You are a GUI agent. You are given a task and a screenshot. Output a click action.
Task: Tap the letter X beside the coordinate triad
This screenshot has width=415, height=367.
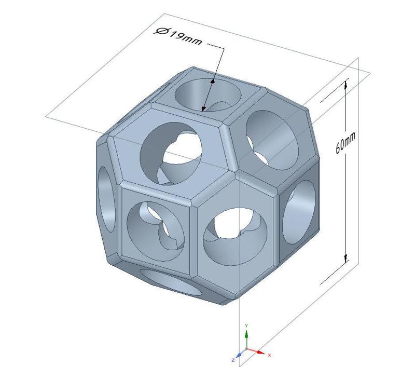click(269, 355)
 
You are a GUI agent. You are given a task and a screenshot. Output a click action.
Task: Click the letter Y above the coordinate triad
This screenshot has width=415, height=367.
click(246, 325)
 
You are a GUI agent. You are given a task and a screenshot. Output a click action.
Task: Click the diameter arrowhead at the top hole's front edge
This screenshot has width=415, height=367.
click(204, 108)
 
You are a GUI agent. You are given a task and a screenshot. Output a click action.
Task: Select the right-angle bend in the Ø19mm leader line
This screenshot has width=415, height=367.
click(224, 48)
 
